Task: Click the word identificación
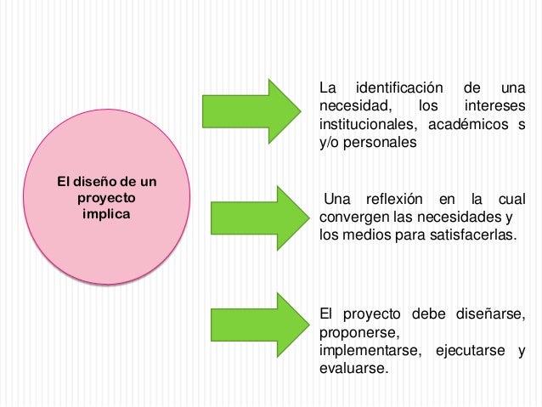tap(399, 88)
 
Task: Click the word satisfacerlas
tap(466, 235)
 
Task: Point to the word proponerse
tap(358, 332)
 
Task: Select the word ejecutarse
tap(472, 351)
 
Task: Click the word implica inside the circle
tap(106, 213)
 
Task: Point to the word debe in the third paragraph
tap(413, 314)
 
